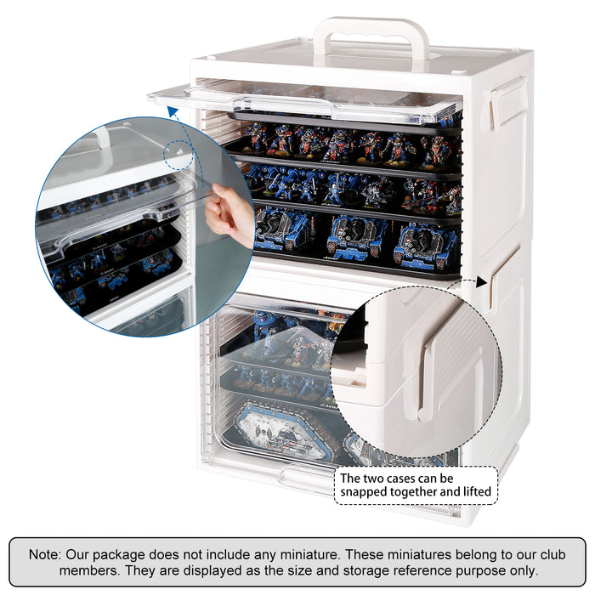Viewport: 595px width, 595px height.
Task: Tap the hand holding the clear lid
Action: point(229,215)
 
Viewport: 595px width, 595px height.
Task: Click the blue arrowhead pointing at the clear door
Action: point(173,112)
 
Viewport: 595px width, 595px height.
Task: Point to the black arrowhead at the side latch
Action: point(481,282)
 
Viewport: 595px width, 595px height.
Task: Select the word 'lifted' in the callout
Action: point(478,491)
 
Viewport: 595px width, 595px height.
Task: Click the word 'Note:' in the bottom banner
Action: point(45,554)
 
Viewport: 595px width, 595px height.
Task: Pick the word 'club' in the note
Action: point(552,554)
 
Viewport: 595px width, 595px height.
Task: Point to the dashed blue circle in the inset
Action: point(178,155)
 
